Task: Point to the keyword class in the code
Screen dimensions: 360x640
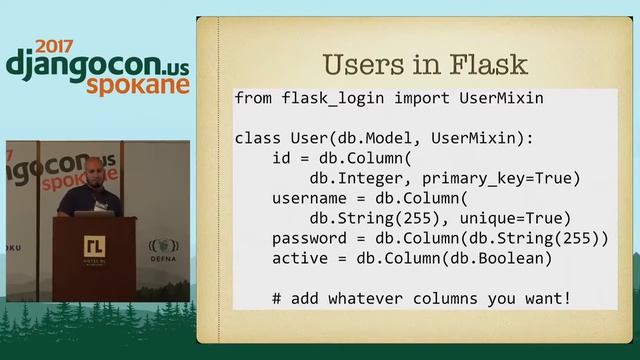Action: pos(257,138)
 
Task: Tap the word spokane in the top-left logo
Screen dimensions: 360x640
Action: pos(137,86)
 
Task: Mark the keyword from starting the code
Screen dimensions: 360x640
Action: pos(252,99)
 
